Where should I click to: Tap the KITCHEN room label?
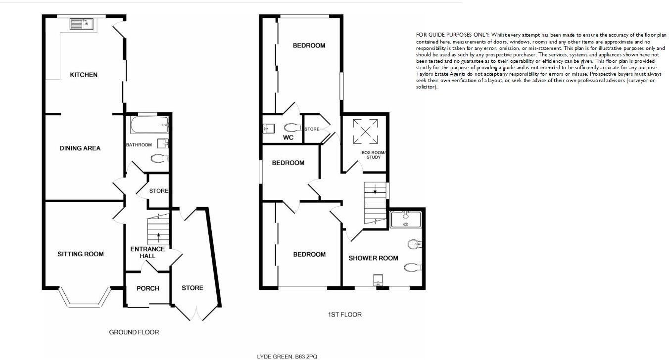tap(84, 75)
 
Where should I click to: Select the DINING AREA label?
tap(80, 148)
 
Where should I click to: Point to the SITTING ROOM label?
tap(81, 254)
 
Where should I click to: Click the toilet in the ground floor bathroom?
tap(159, 159)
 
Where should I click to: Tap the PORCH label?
tap(148, 288)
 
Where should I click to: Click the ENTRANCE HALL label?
tap(147, 252)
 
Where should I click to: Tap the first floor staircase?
tap(375, 203)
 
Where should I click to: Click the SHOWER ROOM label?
tap(373, 258)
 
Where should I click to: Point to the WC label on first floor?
tap(288, 137)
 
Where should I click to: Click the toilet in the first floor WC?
tap(291, 127)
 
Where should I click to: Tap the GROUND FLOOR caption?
tap(134, 332)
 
